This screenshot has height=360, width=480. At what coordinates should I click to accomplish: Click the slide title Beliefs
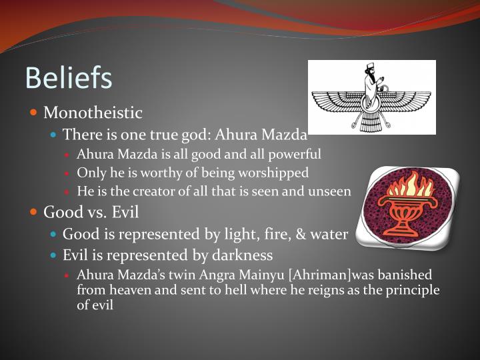(x=69, y=77)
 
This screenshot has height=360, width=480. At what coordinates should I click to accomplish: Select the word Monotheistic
(x=93, y=113)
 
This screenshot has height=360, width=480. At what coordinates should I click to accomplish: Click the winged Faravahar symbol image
(x=372, y=97)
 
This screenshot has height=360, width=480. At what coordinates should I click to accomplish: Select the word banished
(x=406, y=275)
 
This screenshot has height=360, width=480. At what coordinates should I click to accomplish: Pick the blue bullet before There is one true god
(x=55, y=134)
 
